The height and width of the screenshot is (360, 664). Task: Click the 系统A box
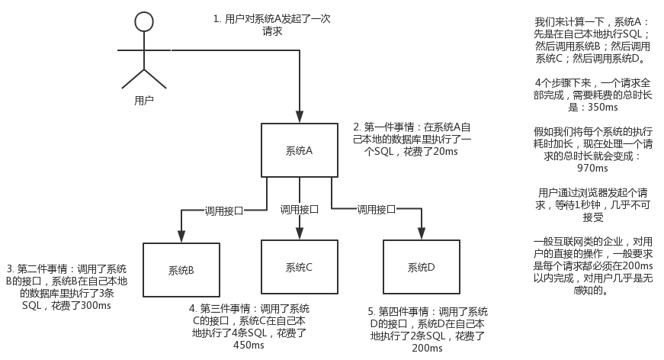pos(299,150)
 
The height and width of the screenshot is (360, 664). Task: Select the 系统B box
pos(181,269)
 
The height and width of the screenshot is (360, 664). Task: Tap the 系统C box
pos(299,267)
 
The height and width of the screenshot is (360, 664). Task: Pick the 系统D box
pos(421,267)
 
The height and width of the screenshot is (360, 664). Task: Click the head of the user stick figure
pos(144,22)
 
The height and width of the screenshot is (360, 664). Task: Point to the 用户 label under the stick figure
pos(144,99)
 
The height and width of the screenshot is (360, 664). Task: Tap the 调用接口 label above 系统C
pos(299,209)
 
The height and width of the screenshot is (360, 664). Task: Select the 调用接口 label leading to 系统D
pos(377,209)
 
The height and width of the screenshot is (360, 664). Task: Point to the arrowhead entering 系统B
pos(181,239)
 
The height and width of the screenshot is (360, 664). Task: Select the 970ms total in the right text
pos(592,168)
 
